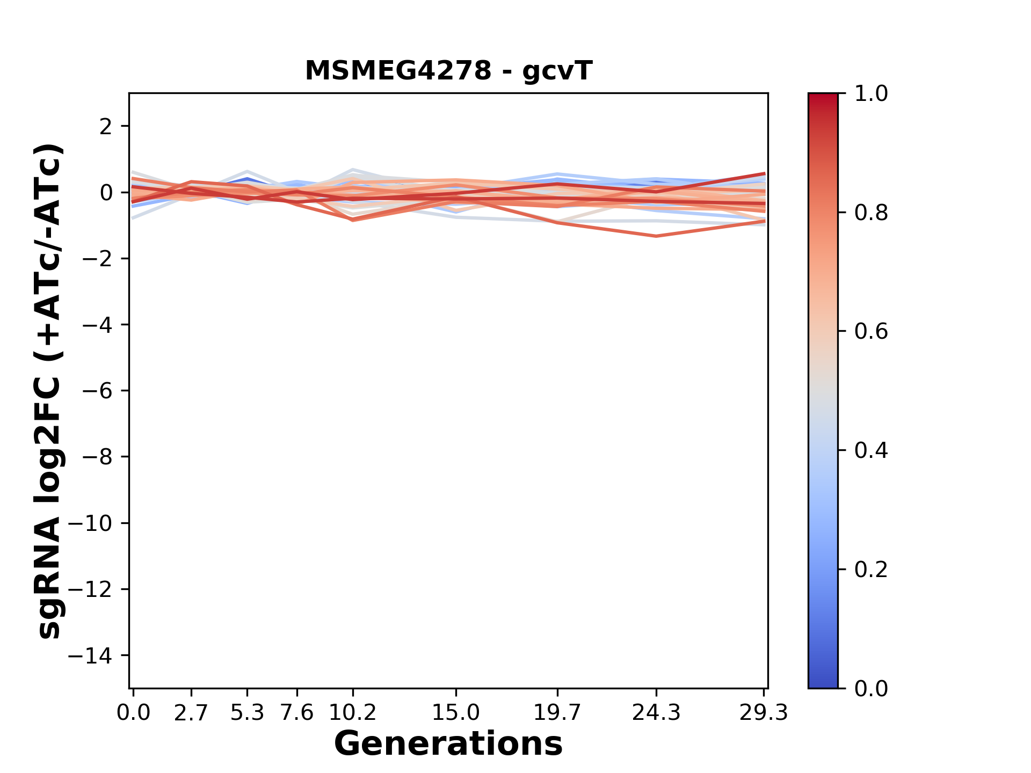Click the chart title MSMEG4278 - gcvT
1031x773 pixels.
coord(448,71)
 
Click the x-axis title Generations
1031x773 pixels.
coord(448,744)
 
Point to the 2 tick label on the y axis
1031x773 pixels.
coord(106,126)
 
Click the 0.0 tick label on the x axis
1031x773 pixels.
coord(134,713)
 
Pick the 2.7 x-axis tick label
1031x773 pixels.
coord(191,713)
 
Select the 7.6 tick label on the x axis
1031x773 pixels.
coord(297,713)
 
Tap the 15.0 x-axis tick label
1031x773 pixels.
coord(456,713)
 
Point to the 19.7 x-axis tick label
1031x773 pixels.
coord(558,713)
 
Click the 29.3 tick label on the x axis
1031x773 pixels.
coord(764,713)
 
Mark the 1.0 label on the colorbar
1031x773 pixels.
coord(871,94)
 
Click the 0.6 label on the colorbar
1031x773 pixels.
coord(871,332)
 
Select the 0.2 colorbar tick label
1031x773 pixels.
coord(871,570)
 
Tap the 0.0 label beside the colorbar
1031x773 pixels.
coord(871,689)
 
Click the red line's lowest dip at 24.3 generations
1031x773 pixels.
coord(656,236)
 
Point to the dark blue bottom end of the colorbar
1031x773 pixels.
coord(823,683)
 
